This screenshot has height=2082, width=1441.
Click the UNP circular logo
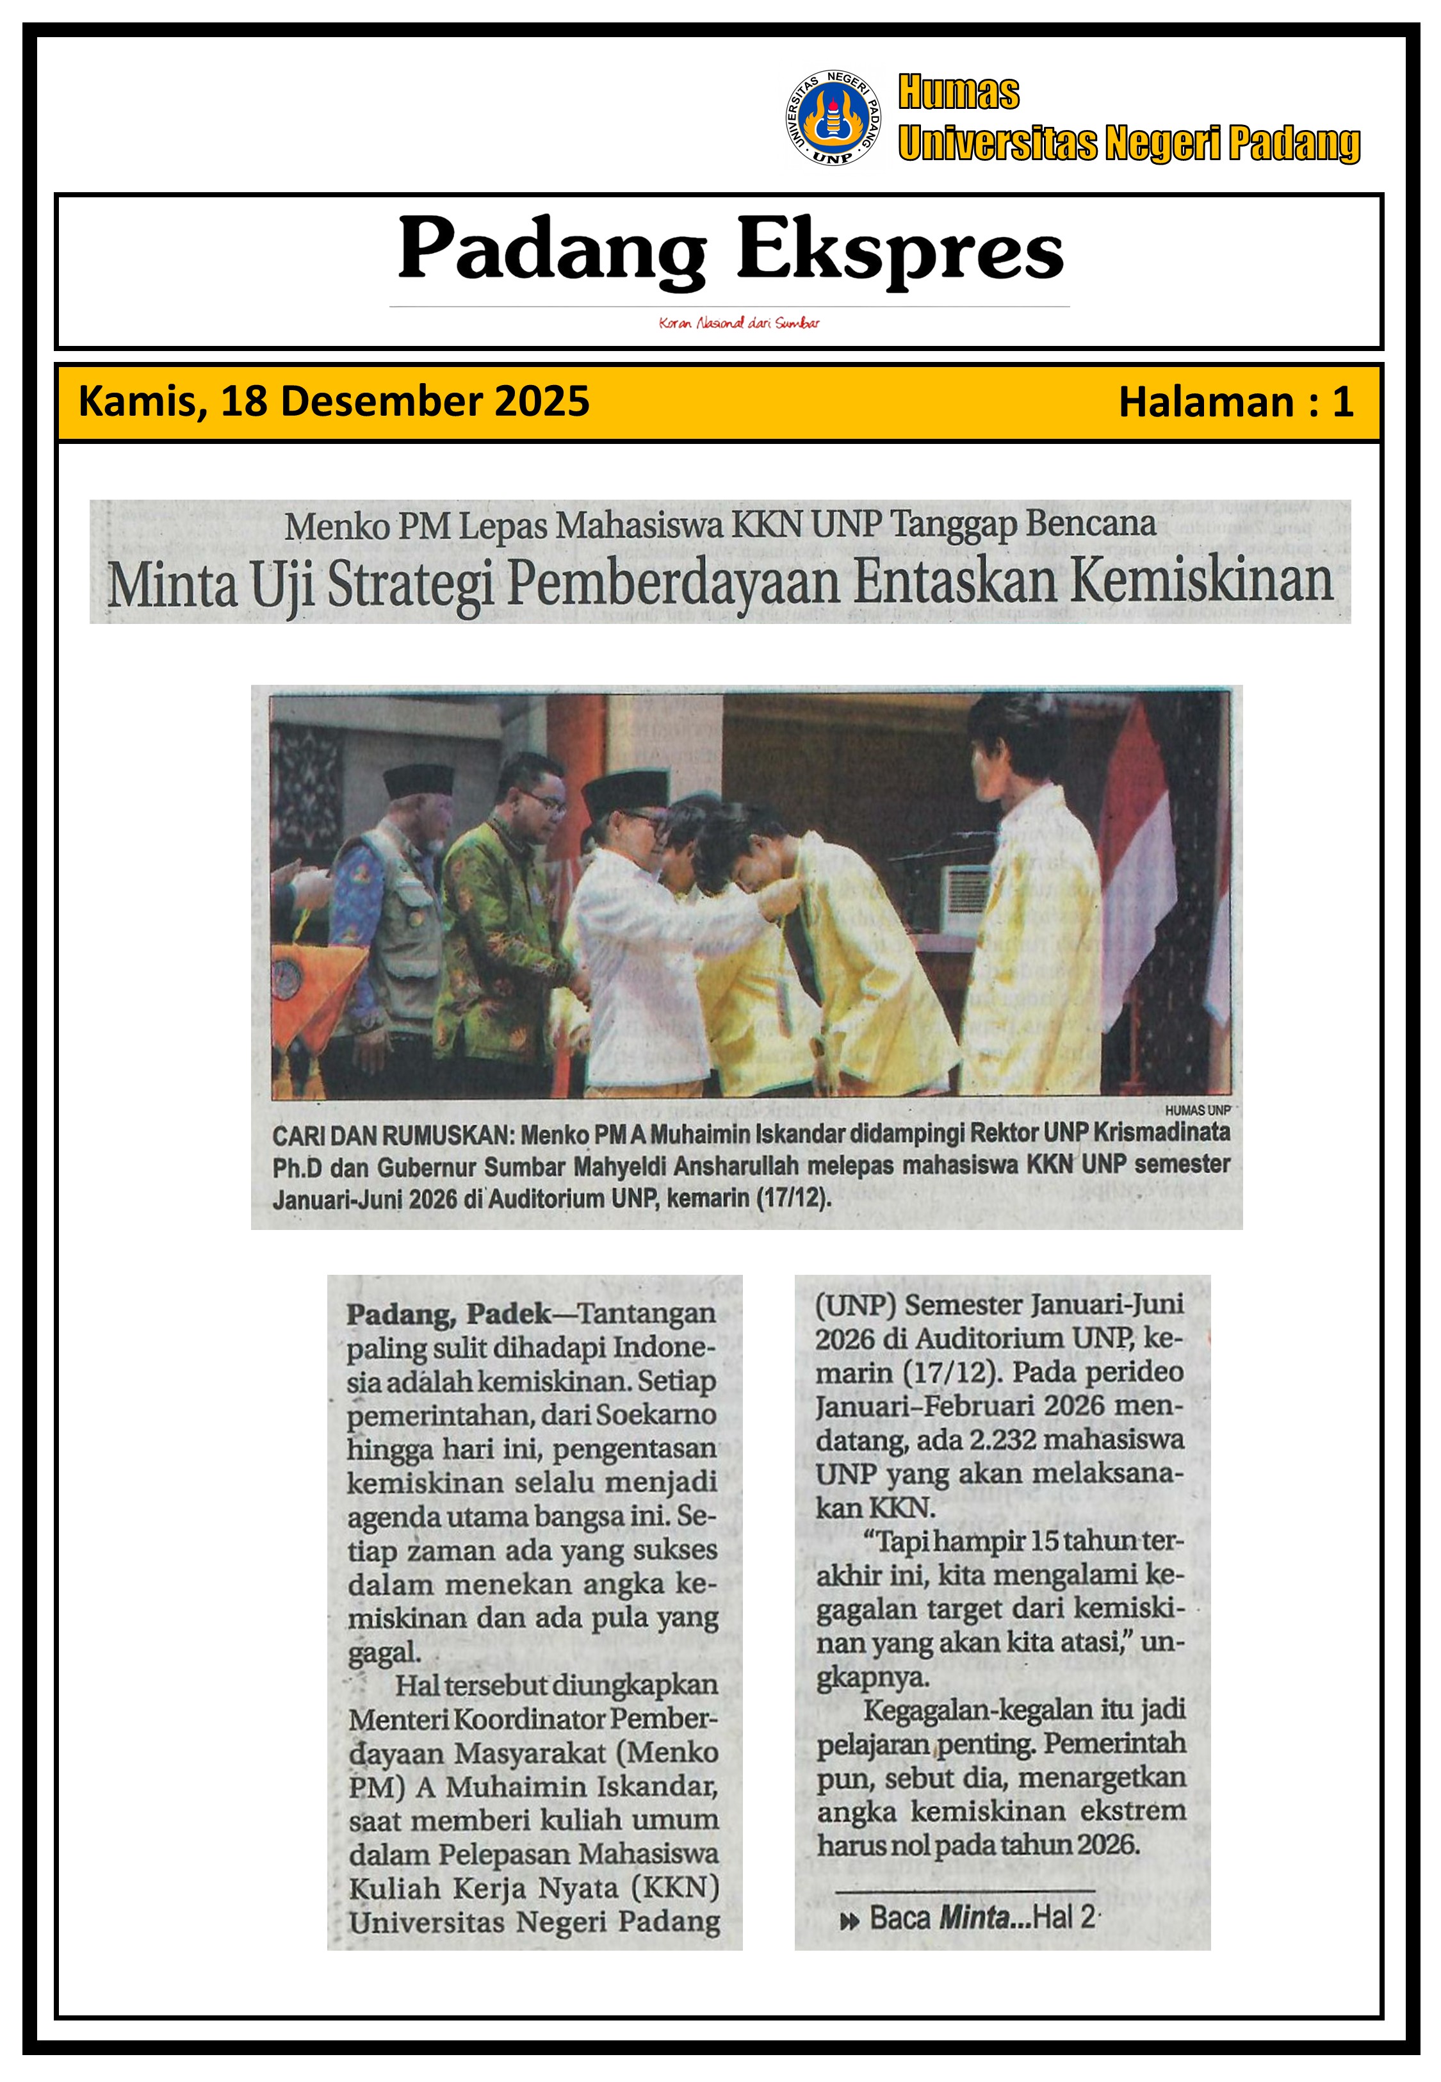click(833, 119)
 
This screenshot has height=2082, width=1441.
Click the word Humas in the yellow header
click(958, 93)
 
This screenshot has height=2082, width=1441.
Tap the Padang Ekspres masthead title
click(731, 249)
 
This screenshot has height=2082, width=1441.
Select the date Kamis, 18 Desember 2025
click(334, 401)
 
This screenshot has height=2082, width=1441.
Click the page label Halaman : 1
click(1235, 402)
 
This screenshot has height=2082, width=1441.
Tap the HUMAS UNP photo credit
click(1197, 1110)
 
